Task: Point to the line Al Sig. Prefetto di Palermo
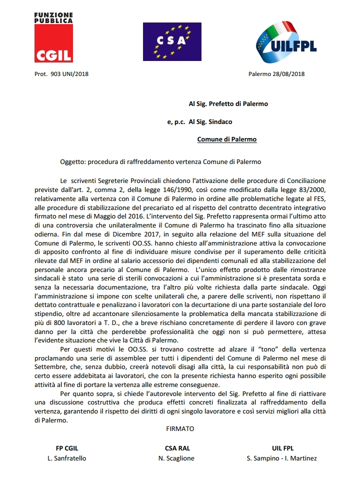click(x=228, y=104)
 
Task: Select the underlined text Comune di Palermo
click(x=226, y=139)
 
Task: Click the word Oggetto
click(x=72, y=162)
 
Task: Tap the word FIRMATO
click(x=180, y=428)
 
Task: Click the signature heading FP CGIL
click(x=67, y=448)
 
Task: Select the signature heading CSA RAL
click(x=177, y=448)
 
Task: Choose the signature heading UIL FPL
click(x=281, y=448)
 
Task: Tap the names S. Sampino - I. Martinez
click(x=281, y=458)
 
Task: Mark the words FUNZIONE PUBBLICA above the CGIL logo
click(x=53, y=18)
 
